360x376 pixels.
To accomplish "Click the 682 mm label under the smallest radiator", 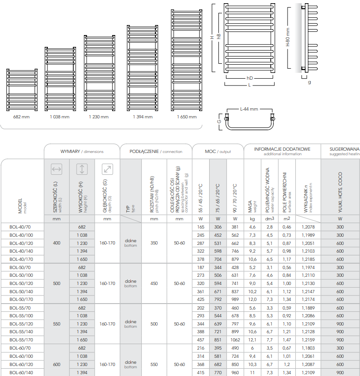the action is pos(21,117).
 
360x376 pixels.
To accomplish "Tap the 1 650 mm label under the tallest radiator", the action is pos(187,117).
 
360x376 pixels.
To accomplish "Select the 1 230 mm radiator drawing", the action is pos(99,73).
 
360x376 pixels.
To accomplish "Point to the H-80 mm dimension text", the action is pos(288,37).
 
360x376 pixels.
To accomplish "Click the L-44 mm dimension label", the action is pos(249,109).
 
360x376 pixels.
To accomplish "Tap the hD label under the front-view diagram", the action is pos(250,78).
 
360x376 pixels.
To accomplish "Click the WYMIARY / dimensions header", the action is pos(82,152).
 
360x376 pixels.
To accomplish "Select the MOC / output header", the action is pos(218,152).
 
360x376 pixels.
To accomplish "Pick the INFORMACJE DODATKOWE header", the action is pos(282,149).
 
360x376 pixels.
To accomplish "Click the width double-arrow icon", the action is pos(57,169).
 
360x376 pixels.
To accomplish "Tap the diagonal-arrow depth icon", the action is pos(107,169).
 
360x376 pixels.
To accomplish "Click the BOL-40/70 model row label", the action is pos(20,227).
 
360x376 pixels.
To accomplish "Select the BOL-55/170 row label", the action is pos(21,340).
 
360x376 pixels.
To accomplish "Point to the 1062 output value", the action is pos(235,340).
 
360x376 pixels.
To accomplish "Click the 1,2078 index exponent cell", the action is pos(308,227).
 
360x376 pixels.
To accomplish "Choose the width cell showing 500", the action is pos(57,284).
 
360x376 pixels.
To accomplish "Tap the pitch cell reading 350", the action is pos(154,243).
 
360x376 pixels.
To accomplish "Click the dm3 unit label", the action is pos(269,218).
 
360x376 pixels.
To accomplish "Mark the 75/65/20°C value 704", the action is pos(218,259).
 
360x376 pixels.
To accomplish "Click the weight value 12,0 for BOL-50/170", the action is pos(252,299).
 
